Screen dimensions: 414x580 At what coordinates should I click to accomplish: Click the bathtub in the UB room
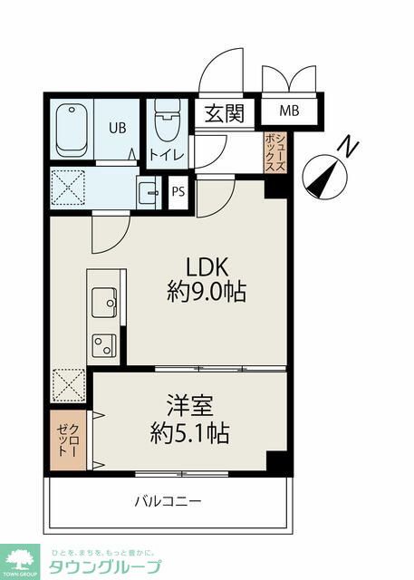pos(72,130)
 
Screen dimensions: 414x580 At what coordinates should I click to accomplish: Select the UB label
pos(117,128)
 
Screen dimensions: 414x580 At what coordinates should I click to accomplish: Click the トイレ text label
pos(167,155)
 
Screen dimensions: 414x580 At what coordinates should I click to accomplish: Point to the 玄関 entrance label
pos(225,112)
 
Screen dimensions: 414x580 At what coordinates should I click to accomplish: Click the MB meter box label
pos(289,111)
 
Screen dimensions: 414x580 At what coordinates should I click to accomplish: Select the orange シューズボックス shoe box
pos(275,152)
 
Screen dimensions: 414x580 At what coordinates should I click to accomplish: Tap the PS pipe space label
pos(178,192)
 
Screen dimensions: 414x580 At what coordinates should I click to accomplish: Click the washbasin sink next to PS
pos(149,192)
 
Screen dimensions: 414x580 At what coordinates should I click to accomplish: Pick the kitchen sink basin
pos(104,303)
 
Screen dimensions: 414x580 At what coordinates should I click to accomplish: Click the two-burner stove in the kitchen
pos(104,345)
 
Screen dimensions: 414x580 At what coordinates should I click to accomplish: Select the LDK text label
pos(207,267)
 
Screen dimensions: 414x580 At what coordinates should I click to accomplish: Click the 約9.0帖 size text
pos(207,291)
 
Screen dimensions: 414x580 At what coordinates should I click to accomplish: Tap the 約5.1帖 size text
pos(190,433)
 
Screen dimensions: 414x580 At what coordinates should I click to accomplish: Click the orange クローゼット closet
pos(68,440)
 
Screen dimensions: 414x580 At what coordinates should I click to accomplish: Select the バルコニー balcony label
pos(168,502)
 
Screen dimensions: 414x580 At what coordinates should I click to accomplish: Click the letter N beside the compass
pos(348,147)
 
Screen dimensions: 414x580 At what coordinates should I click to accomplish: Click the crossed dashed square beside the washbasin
pos(68,188)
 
